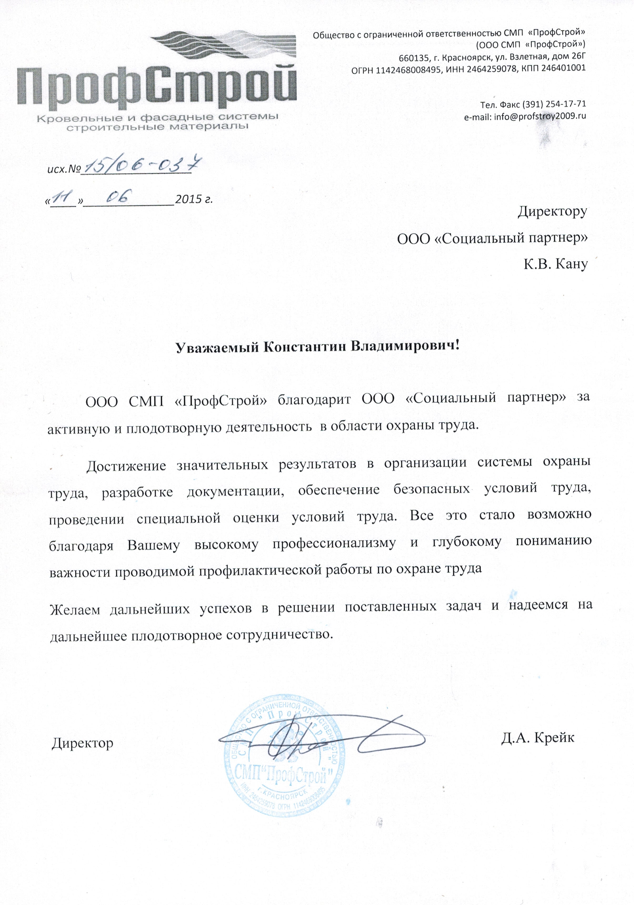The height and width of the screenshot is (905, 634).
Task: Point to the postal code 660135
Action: (413, 58)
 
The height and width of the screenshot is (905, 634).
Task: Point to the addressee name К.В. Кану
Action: (555, 264)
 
